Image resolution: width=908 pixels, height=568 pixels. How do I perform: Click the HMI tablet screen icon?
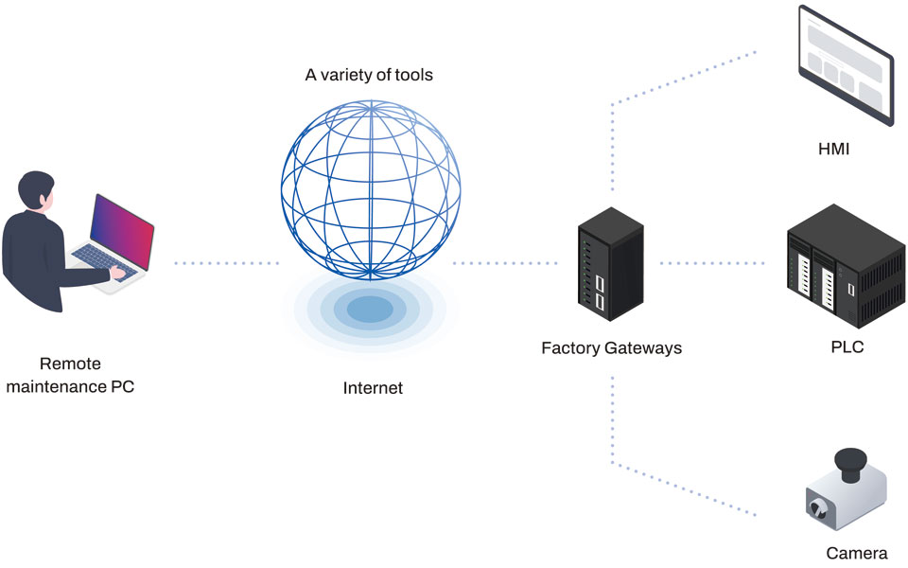click(x=845, y=65)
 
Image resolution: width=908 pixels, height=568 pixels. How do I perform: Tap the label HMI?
click(x=835, y=149)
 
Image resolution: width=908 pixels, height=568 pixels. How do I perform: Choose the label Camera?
click(x=857, y=554)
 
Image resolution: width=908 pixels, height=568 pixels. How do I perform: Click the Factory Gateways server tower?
click(x=610, y=262)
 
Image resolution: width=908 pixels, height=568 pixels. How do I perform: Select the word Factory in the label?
click(x=570, y=348)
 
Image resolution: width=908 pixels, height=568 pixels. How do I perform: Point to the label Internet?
click(x=373, y=387)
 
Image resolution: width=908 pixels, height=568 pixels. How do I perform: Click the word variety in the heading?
click(x=351, y=75)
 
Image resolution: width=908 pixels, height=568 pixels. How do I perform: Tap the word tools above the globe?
click(x=413, y=75)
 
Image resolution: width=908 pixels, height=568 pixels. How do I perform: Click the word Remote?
click(x=70, y=364)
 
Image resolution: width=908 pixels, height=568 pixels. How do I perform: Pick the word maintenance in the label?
click(x=59, y=386)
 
